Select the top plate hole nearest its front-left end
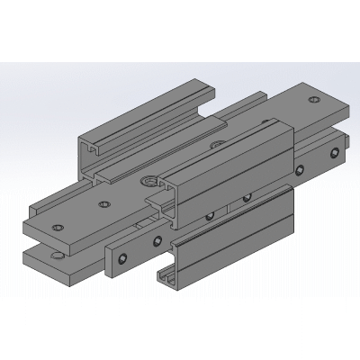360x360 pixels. click(58, 227)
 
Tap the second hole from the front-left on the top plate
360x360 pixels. click(104, 203)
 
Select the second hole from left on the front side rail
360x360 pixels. click(158, 240)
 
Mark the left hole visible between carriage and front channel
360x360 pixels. click(209, 215)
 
